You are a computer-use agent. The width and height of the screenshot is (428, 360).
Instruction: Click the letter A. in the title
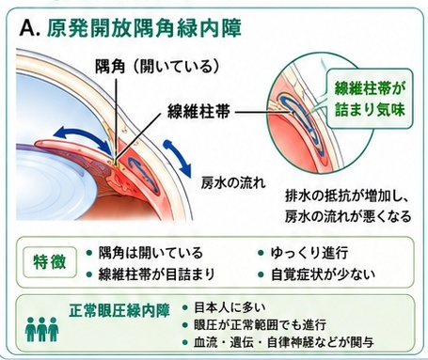pos(30,29)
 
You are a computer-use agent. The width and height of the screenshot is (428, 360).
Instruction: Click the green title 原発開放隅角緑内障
pos(144,28)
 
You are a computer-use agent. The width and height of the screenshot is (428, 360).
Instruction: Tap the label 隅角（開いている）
pos(157,67)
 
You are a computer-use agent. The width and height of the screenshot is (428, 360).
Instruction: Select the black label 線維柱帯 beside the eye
pos(199,112)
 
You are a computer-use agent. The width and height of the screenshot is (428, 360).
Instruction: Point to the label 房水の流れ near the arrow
pos(233,182)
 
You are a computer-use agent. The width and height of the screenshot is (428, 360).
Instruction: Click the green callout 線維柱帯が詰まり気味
pos(370,99)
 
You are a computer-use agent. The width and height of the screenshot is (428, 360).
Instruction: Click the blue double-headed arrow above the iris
pos(83,138)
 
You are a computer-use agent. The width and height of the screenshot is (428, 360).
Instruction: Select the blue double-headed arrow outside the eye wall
pos(177,159)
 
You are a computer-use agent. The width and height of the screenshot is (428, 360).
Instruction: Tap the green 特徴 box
pos(50,262)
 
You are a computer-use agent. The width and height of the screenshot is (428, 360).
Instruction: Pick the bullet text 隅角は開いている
pos(151,253)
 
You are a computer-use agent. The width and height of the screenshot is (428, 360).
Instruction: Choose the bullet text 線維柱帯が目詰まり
pos(156,274)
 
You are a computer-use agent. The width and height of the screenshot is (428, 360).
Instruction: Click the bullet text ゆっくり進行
pos(309,253)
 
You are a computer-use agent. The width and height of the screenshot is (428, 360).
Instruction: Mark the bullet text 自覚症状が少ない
pos(323,274)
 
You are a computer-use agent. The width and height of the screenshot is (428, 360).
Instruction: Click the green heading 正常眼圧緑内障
pos(119,310)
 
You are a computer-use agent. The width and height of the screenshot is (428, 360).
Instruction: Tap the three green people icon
pos(42,329)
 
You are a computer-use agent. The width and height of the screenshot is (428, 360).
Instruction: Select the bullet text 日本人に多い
pos(230,307)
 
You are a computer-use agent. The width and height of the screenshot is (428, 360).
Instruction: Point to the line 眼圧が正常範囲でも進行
pos(261,324)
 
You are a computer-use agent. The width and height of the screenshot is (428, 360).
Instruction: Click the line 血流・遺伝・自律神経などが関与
pos(284,342)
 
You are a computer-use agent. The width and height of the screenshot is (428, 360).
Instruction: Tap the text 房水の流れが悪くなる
pos(348,216)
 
